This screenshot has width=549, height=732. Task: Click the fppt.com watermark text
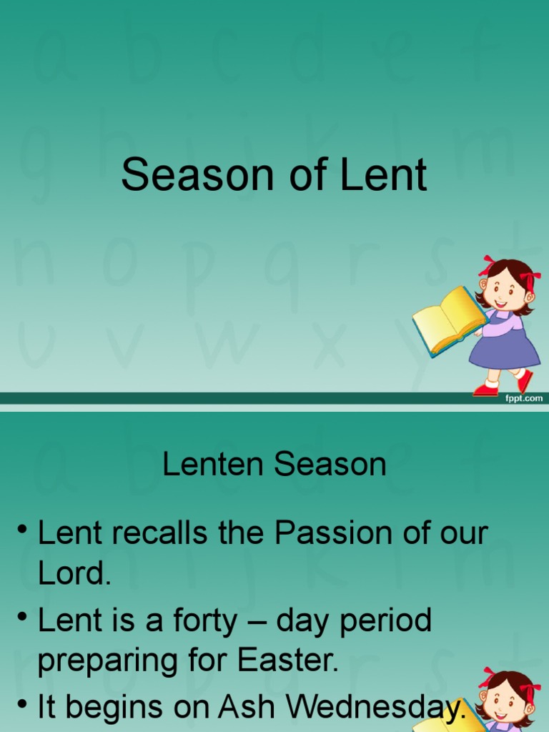coord(524,397)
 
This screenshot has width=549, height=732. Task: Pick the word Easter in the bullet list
coord(300,661)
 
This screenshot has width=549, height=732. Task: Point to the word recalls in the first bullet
coord(167,535)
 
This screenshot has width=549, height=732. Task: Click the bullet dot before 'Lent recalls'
coord(24,530)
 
